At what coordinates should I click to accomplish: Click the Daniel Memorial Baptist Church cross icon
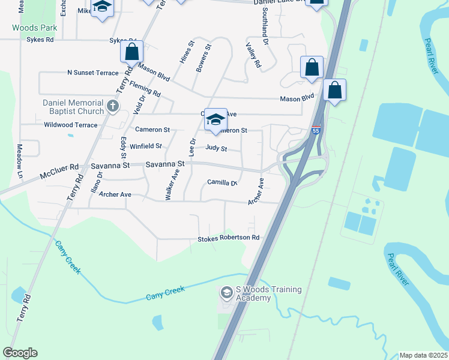(112, 107)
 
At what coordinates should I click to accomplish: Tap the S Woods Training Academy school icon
(226, 293)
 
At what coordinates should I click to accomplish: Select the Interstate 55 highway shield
(316, 129)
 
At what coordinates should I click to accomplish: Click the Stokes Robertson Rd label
(229, 238)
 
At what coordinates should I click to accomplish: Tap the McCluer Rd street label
(59, 167)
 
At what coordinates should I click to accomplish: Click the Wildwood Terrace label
(71, 125)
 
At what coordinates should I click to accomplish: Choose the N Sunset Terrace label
(93, 73)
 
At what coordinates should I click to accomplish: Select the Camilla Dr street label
(223, 182)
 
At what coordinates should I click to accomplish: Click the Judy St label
(216, 148)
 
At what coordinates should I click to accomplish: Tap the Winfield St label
(146, 146)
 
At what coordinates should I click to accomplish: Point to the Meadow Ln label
(19, 160)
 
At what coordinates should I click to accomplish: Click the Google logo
(20, 353)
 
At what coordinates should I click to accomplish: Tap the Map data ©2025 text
(423, 355)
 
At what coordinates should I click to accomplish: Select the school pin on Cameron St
(215, 121)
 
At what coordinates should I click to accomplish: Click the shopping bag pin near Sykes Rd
(132, 52)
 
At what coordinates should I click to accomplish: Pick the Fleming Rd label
(145, 89)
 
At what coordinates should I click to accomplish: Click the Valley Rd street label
(254, 55)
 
